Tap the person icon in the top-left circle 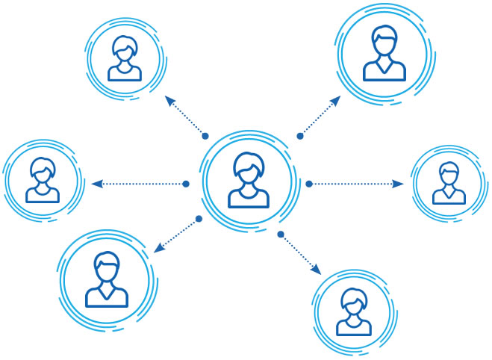click(125, 58)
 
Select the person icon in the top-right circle click(384, 53)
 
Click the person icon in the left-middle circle click(43, 181)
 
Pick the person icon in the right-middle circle click(449, 183)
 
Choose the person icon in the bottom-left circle click(107, 280)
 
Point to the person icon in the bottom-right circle click(354, 312)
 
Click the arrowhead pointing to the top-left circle click(168, 100)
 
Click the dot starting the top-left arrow click(205, 136)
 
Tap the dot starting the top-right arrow click(300, 136)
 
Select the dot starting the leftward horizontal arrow click(186, 184)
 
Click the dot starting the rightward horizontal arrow click(309, 183)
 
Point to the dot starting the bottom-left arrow click(199, 219)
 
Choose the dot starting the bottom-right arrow click(281, 235)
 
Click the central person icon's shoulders click(249, 196)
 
